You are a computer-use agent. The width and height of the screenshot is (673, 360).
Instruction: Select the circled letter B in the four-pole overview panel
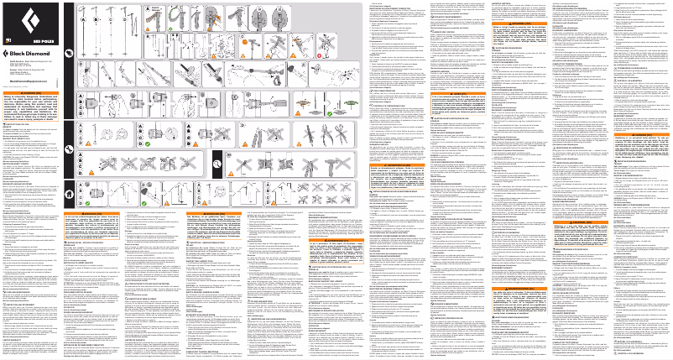coord(100,15)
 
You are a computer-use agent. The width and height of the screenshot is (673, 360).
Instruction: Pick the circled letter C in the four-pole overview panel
coord(112,15)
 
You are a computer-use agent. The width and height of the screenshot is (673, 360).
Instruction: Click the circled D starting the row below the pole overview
coord(82,63)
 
